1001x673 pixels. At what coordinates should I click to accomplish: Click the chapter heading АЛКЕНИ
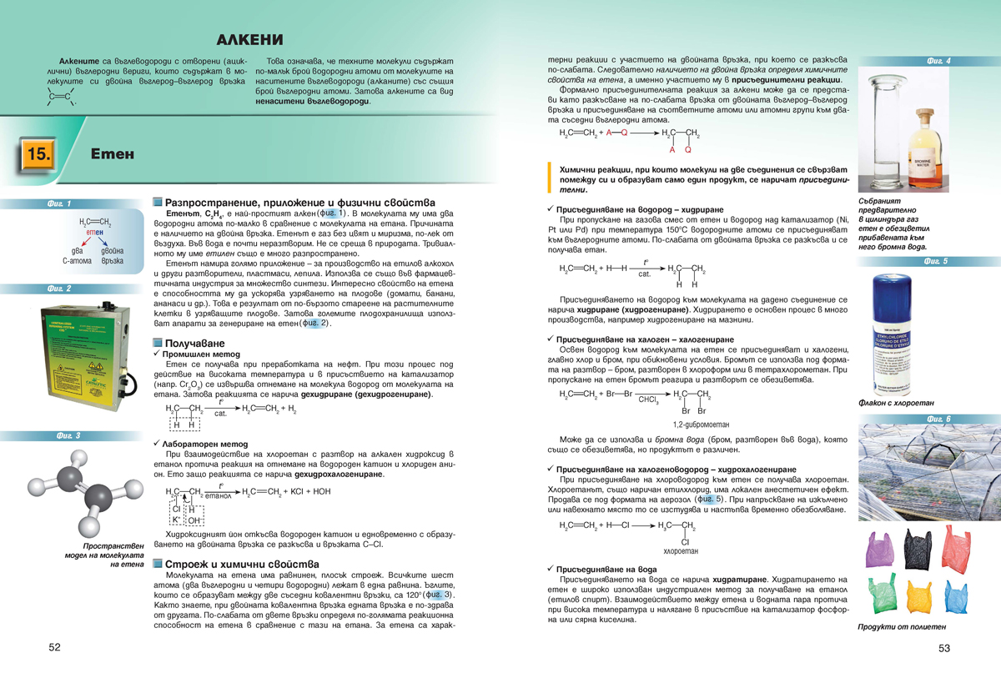coord(249,39)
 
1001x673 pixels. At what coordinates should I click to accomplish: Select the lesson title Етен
coord(108,155)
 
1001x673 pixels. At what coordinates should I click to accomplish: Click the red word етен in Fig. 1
coord(94,231)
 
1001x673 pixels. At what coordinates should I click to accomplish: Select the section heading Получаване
coord(195,344)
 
